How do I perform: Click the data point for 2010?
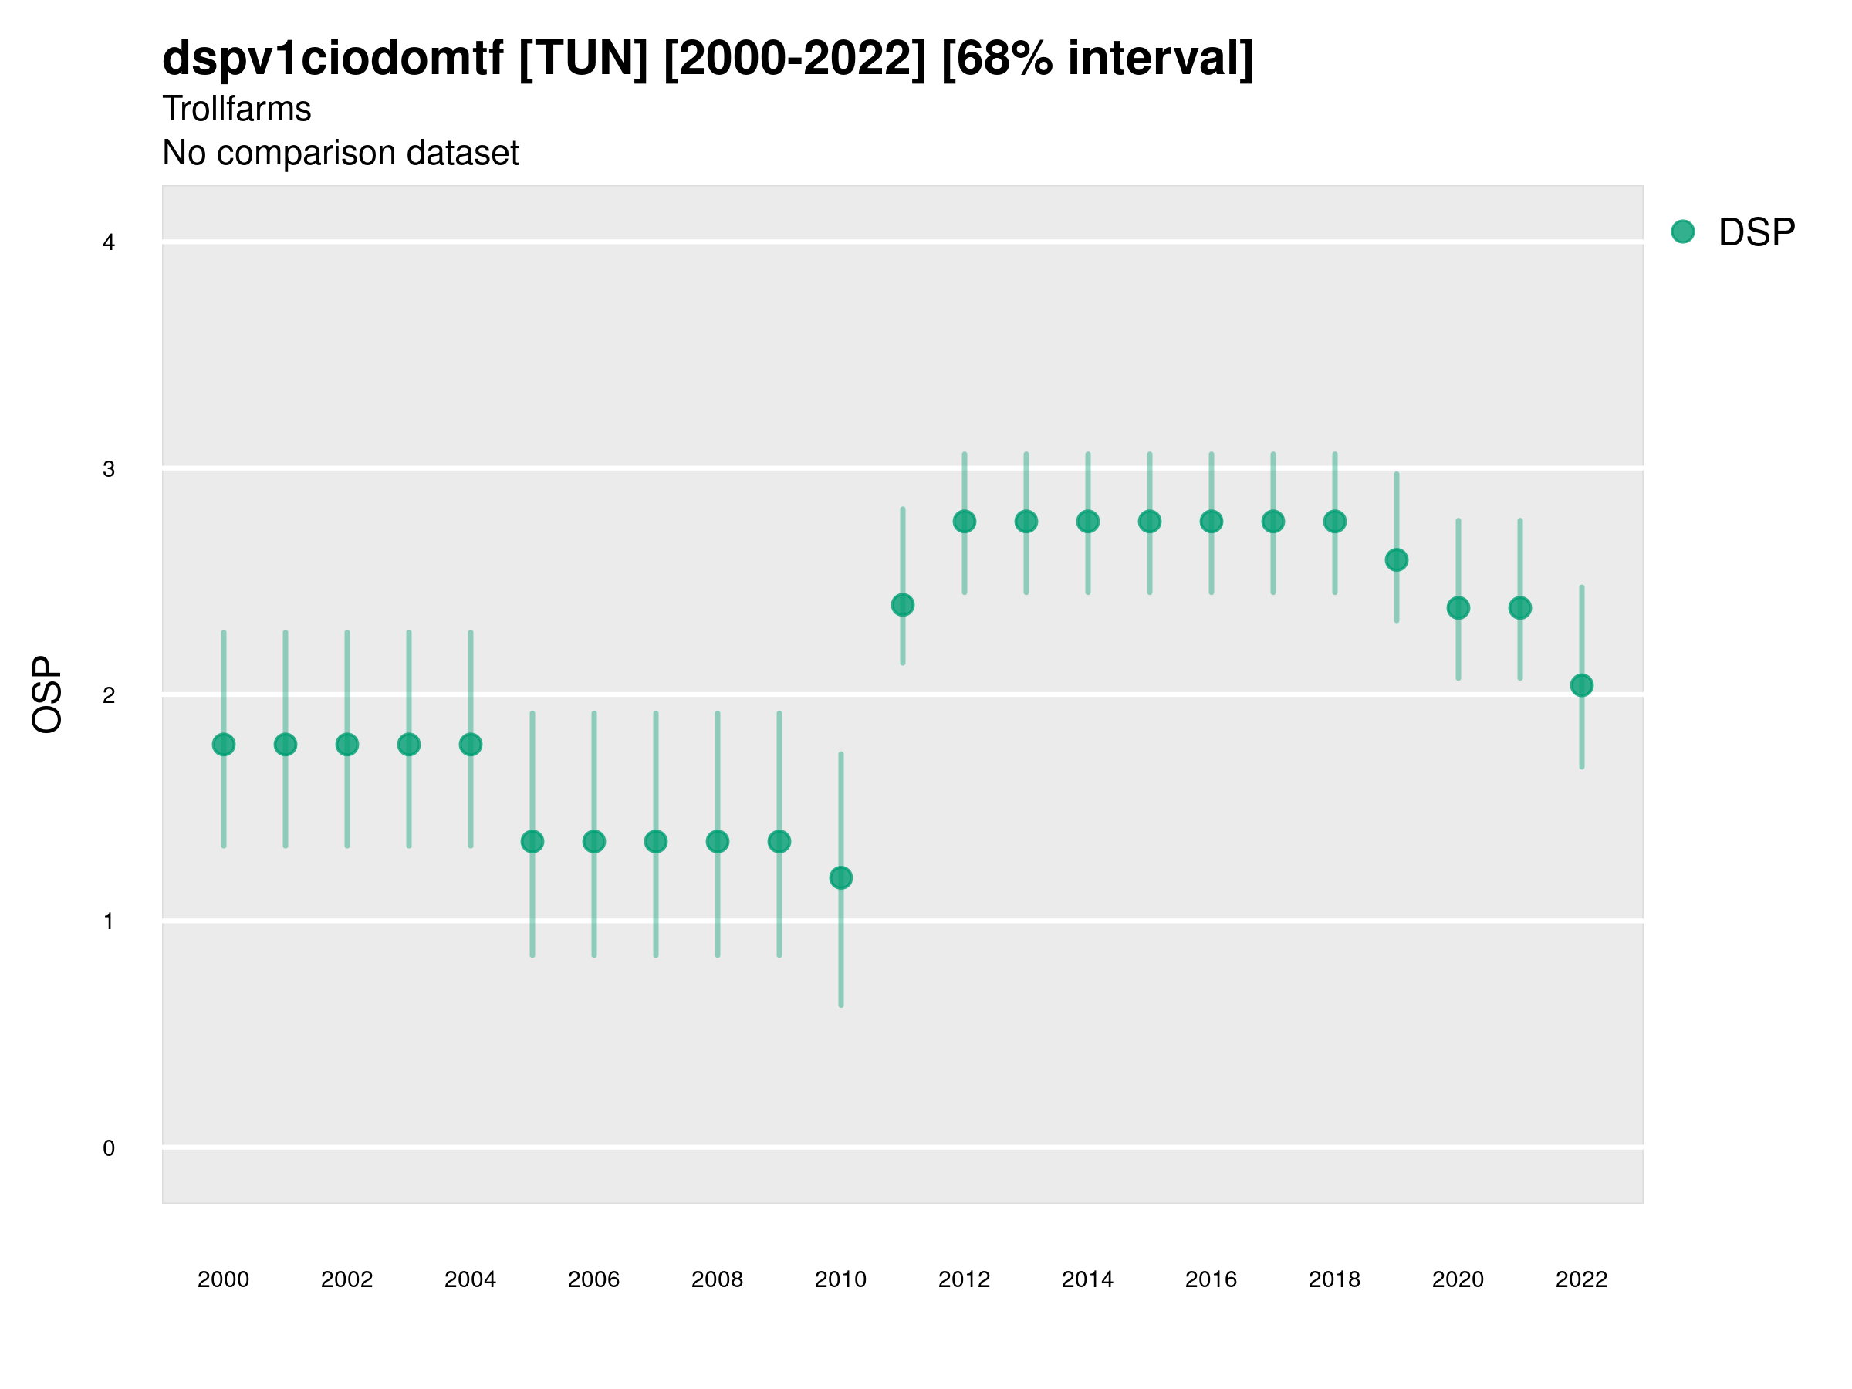tap(840, 877)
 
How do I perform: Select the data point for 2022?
tap(1582, 685)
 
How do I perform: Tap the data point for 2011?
tap(903, 604)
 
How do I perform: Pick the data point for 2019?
tap(1397, 560)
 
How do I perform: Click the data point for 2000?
tap(224, 745)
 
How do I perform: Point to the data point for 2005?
tap(532, 841)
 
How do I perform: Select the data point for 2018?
tap(1334, 522)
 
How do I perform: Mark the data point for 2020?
tap(1458, 608)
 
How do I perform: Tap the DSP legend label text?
tap(1756, 232)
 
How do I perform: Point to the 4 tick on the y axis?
tap(109, 243)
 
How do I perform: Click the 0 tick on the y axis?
tap(109, 1148)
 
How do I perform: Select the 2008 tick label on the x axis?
tap(718, 1279)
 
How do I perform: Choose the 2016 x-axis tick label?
tap(1212, 1279)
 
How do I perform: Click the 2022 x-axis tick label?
tap(1582, 1279)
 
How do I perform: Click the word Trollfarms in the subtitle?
tap(237, 109)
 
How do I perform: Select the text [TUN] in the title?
tap(583, 59)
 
